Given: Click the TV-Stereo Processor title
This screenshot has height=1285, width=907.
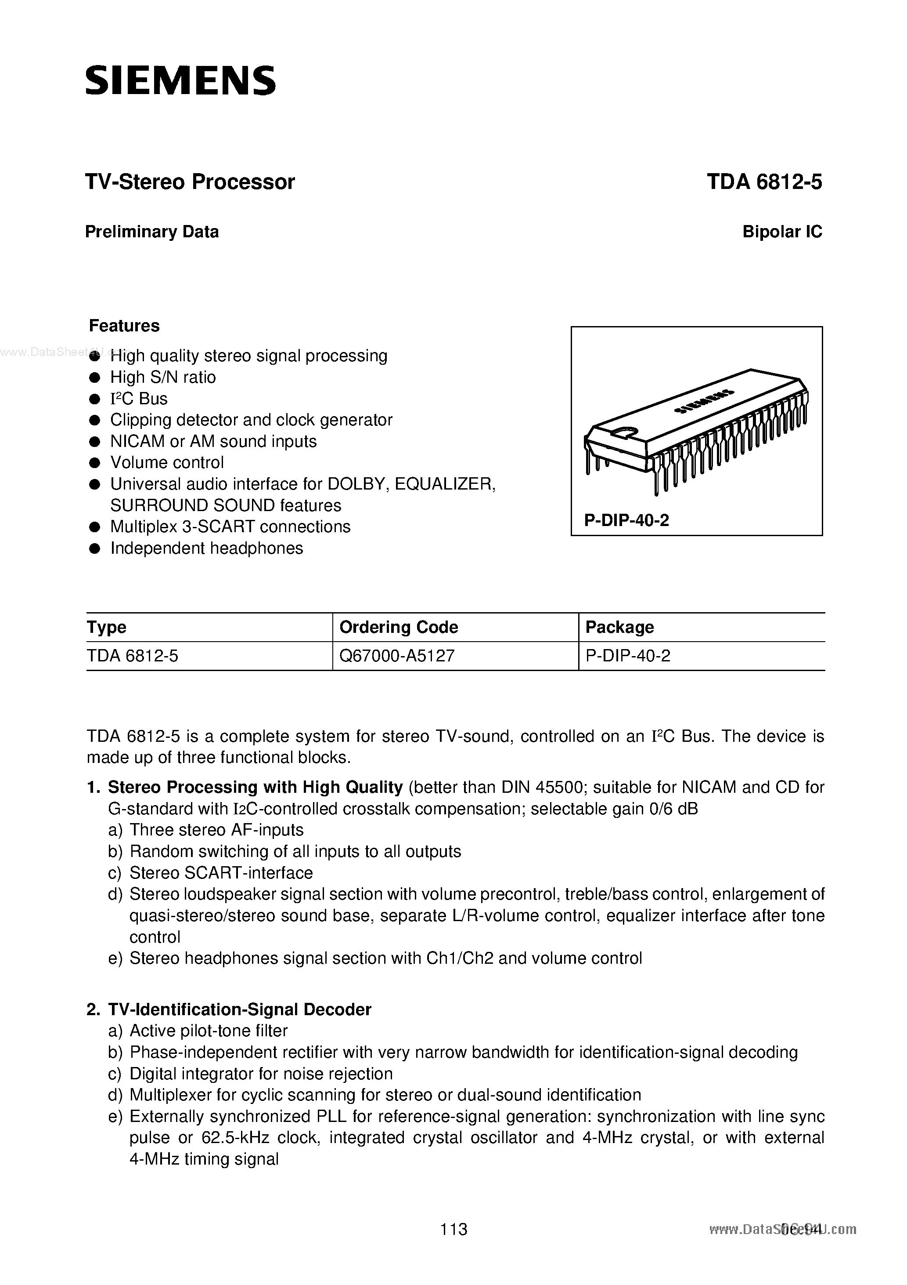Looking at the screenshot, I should pyautogui.click(x=190, y=182).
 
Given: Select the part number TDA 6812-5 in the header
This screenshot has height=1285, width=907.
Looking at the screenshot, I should pyautogui.click(x=764, y=182).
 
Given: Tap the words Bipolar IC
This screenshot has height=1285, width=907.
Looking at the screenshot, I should pyautogui.click(x=782, y=232).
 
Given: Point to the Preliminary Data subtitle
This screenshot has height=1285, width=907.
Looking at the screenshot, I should pyautogui.click(x=151, y=232).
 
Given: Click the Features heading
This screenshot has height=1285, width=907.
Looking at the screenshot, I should pyautogui.click(x=124, y=326).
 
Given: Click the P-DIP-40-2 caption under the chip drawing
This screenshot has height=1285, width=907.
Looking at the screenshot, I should pyautogui.click(x=626, y=520).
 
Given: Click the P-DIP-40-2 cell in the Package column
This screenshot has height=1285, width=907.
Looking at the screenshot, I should pyautogui.click(x=627, y=655).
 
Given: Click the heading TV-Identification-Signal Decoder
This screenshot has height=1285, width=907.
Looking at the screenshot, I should pyautogui.click(x=239, y=1009).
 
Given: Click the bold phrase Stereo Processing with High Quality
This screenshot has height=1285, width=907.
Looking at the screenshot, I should pyautogui.click(x=255, y=788).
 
